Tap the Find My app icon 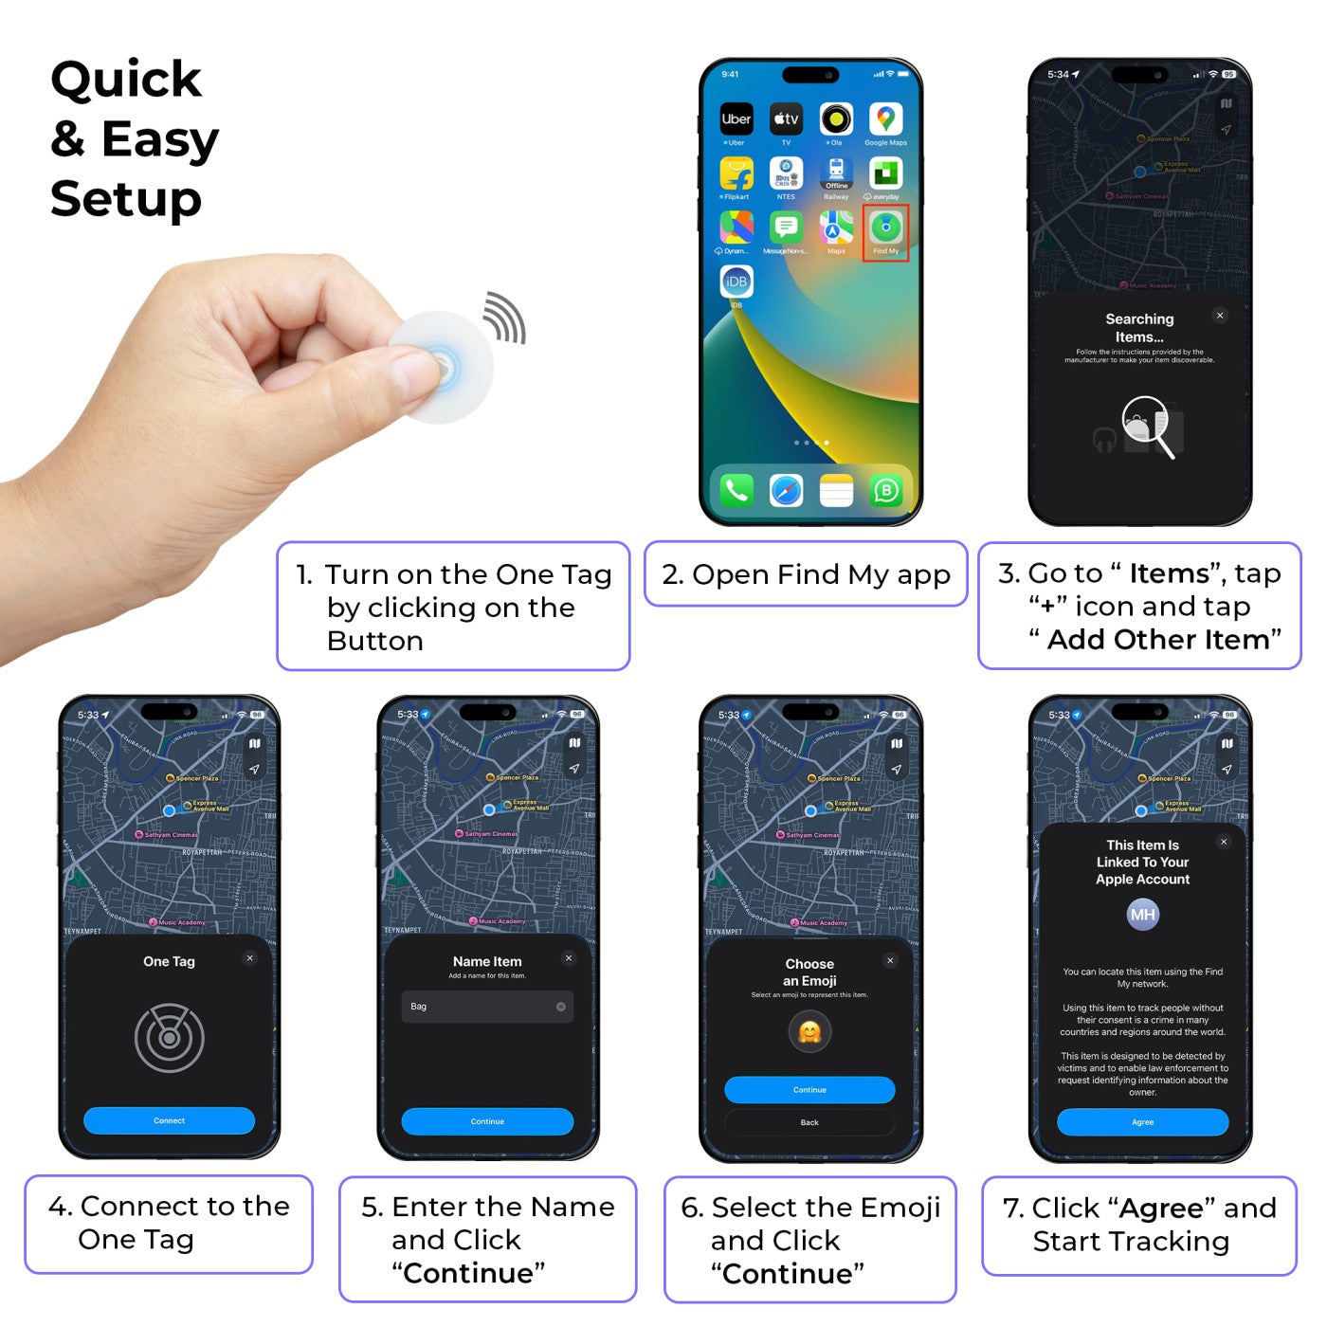[886, 228]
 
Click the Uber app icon [736, 119]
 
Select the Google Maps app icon [885, 119]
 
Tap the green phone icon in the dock [736, 490]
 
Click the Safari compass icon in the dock [786, 490]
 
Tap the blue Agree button [1142, 1122]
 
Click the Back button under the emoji [809, 1122]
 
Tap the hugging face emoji [809, 1032]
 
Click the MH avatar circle [1142, 915]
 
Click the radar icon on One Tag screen [170, 1038]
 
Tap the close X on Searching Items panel [1220, 316]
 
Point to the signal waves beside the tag [505, 318]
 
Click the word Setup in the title [125, 200]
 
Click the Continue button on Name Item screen [487, 1121]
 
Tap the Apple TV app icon [786, 119]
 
